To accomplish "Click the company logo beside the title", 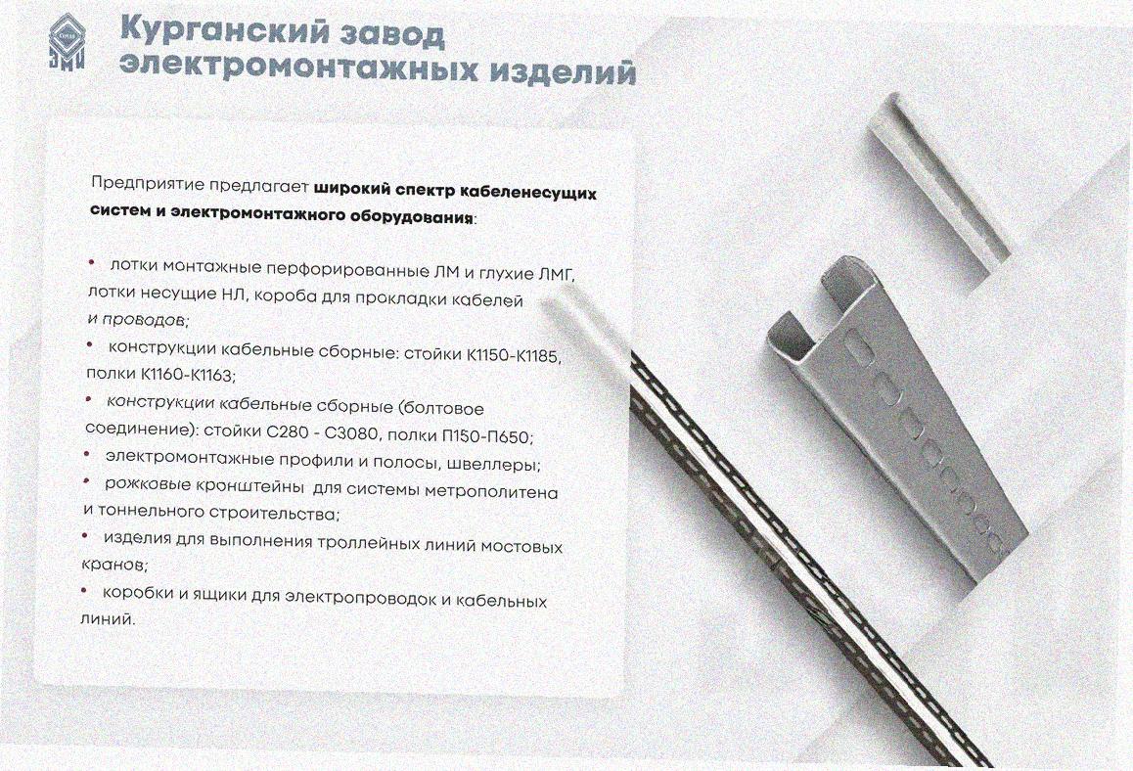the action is click(67, 44).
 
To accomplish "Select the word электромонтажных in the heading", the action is click(298, 68).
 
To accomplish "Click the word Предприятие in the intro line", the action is click(148, 184).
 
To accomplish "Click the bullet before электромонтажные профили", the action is click(87, 454).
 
